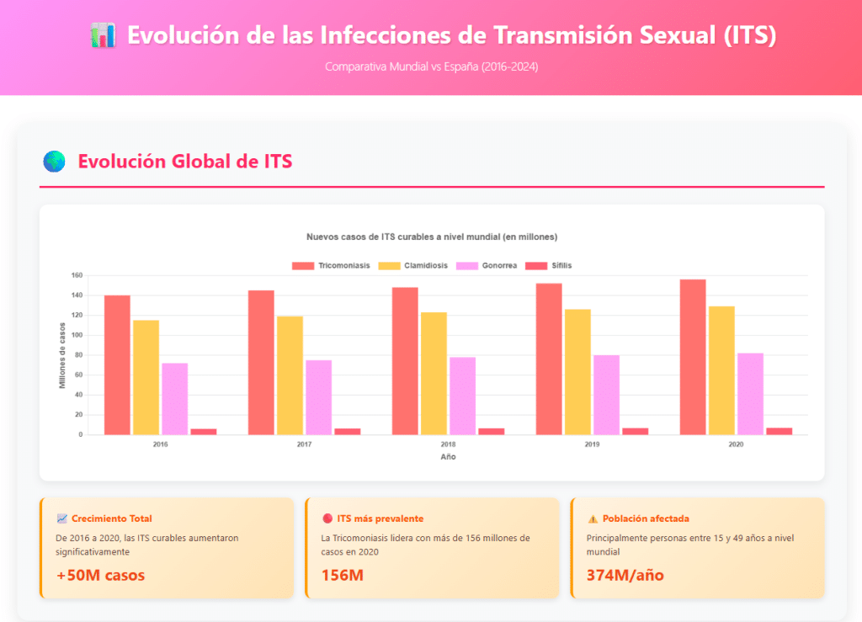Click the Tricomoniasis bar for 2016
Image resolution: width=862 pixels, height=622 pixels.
click(117, 364)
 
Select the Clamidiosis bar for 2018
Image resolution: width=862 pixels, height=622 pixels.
click(434, 373)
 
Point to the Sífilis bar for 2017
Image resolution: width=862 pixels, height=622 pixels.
click(347, 431)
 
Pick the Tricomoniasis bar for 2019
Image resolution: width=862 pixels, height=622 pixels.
click(549, 359)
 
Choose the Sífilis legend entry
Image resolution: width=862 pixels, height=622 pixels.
click(548, 266)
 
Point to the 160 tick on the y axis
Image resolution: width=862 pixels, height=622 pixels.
click(77, 275)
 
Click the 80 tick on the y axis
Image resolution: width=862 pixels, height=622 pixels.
click(78, 355)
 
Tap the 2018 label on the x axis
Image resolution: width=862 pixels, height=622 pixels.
click(448, 444)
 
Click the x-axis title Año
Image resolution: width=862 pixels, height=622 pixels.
click(448, 457)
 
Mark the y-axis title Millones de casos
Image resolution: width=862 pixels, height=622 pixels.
click(62, 355)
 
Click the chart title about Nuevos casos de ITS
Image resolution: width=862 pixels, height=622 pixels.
click(431, 237)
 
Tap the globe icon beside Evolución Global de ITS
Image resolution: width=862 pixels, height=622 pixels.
click(54, 162)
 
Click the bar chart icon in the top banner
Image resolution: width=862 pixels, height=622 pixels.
click(102, 35)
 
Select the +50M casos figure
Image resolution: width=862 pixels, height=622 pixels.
click(100, 576)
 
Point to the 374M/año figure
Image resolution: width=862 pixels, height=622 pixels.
click(625, 576)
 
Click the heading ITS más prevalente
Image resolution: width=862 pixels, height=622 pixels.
click(380, 518)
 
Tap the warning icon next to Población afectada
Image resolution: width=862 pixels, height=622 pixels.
click(592, 518)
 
